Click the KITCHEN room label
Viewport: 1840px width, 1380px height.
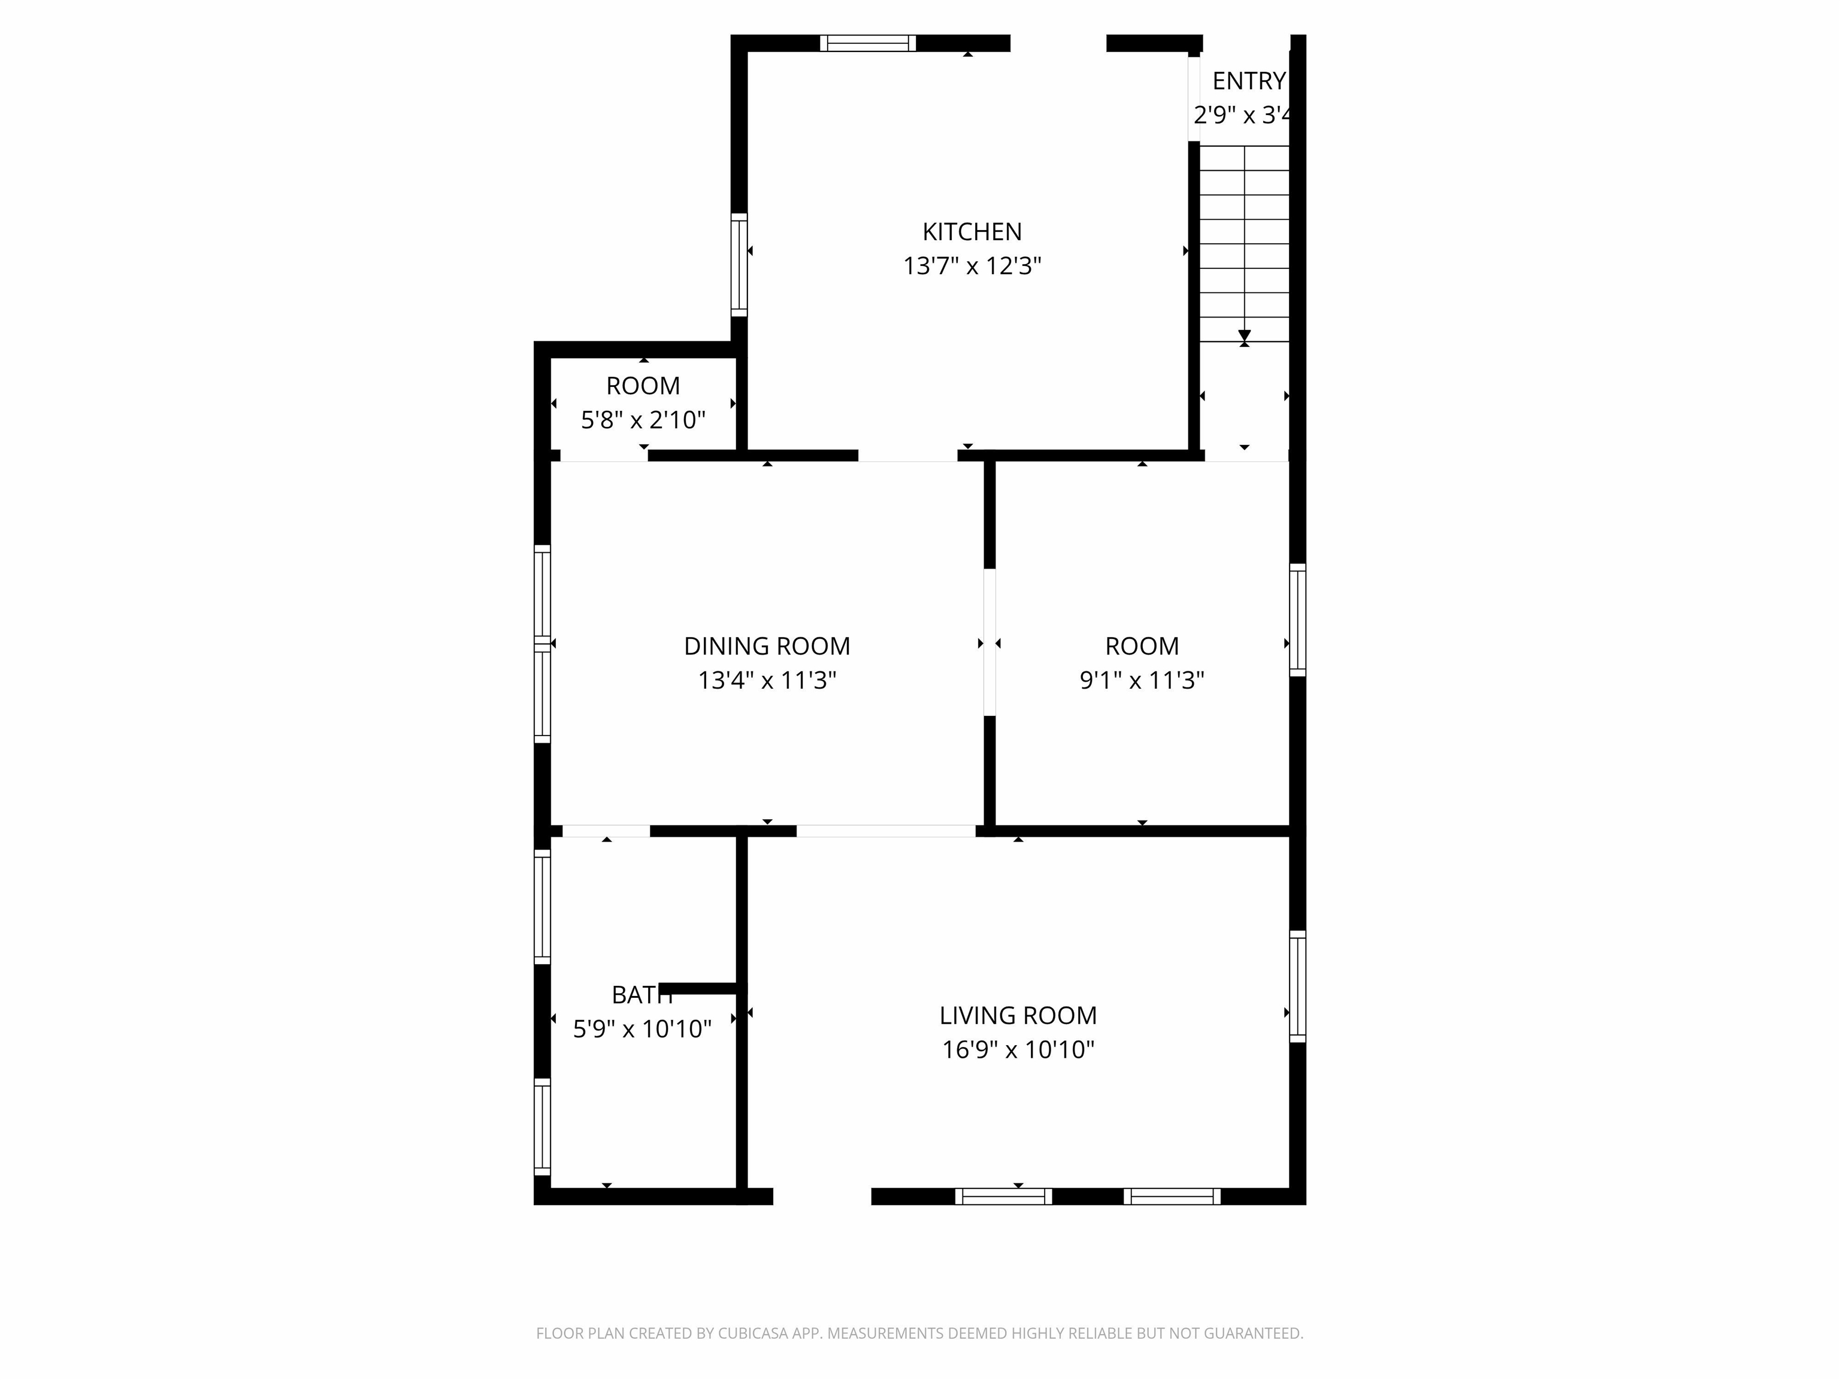point(972,231)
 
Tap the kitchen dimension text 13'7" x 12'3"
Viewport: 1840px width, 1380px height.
point(972,266)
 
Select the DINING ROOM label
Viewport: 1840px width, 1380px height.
point(767,646)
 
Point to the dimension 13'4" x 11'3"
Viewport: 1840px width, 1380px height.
point(767,680)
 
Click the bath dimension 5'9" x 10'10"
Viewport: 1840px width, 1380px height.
point(642,1030)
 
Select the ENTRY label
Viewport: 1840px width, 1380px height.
point(1249,81)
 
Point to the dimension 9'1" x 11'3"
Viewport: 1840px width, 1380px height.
point(1142,680)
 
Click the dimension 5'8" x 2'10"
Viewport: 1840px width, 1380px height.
point(643,420)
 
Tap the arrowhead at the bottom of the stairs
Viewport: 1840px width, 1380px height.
point(1245,336)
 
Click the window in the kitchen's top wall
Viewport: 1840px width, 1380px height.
point(868,43)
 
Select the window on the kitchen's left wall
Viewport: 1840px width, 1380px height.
point(739,265)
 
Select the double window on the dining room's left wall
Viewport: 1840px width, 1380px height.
point(542,644)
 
